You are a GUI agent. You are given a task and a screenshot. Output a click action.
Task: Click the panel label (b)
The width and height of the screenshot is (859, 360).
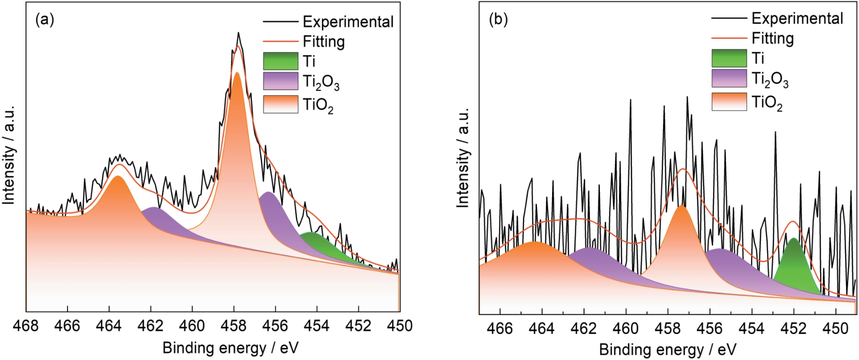click(x=498, y=19)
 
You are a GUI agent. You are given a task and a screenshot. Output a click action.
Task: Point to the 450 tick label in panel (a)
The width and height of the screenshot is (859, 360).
click(x=399, y=326)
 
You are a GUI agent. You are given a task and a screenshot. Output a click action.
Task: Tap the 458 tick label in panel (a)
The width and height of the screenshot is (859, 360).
click(x=234, y=326)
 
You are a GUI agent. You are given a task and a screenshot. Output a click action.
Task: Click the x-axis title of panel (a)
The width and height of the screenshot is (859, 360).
click(x=231, y=347)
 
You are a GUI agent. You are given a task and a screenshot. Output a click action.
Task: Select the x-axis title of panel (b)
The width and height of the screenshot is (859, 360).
click(x=667, y=349)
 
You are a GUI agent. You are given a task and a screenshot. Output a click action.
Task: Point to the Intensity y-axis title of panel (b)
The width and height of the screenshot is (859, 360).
click(x=463, y=158)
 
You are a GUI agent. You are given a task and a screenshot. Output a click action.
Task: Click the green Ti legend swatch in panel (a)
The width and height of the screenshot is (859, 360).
click(x=280, y=61)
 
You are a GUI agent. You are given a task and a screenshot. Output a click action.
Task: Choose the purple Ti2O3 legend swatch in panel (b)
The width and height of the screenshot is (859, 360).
click(x=729, y=78)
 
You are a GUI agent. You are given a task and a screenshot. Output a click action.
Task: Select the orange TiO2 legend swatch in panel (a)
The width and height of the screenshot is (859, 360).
click(x=280, y=104)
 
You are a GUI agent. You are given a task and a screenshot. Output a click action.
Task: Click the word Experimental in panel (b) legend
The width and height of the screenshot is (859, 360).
click(x=797, y=19)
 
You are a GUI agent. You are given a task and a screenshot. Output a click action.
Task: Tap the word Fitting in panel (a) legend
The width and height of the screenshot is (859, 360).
click(x=324, y=42)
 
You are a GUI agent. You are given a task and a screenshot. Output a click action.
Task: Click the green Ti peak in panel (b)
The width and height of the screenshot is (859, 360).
click(x=794, y=262)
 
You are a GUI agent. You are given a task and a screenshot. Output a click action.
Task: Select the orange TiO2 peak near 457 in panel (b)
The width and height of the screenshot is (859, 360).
click(x=681, y=234)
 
